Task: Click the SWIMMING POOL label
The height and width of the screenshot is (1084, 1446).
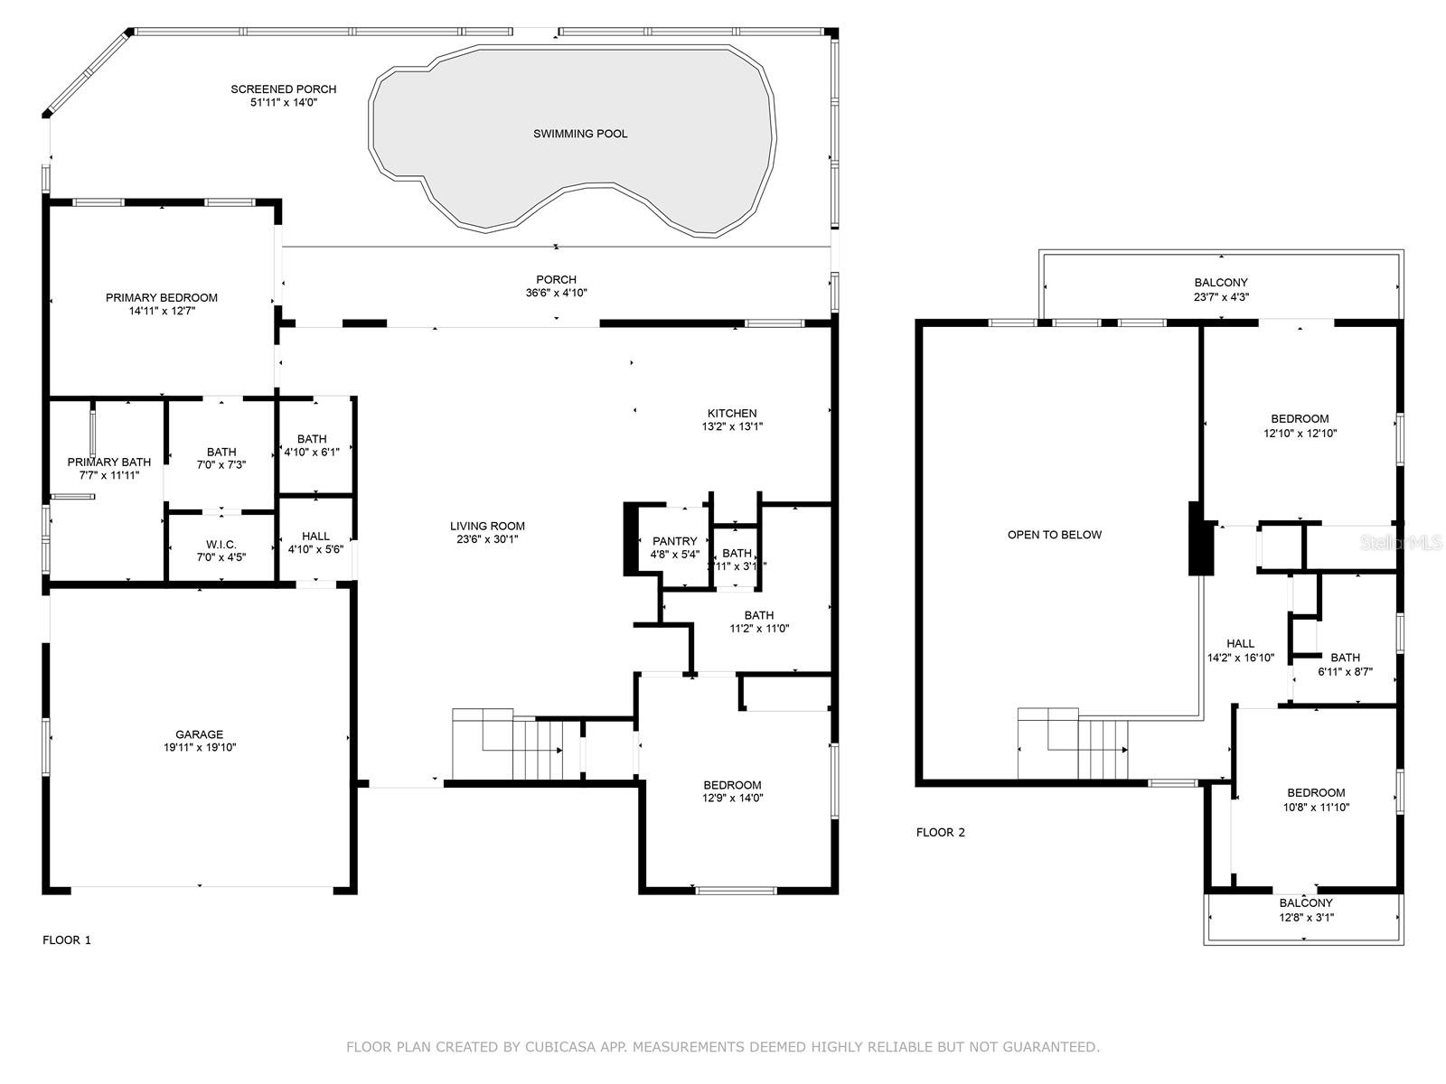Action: coord(580,134)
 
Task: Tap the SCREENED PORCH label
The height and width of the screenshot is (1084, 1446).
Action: coord(283,89)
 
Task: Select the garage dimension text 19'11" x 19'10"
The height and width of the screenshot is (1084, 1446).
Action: coord(200,748)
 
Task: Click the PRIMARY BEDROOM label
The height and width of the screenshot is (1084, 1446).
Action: coord(162,297)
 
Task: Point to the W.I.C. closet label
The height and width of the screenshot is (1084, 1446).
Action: coord(221,544)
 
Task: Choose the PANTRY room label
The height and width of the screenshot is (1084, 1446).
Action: coord(674,541)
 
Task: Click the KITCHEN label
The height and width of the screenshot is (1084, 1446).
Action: coord(732,414)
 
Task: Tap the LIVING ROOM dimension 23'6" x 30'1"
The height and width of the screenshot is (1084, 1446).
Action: coord(487,539)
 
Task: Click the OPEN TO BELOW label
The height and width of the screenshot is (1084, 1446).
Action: coord(1055,535)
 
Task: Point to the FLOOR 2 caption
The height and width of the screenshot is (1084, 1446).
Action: coord(941,833)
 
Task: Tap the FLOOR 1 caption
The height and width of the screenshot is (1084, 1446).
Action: coord(67,940)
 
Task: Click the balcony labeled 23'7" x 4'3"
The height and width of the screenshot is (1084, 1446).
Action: coord(1221,289)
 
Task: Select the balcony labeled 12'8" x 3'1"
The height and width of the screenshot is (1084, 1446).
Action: coord(1306,910)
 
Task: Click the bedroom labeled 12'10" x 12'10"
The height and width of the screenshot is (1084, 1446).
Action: coord(1300,425)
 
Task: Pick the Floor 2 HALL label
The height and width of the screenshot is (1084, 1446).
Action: coord(1240,644)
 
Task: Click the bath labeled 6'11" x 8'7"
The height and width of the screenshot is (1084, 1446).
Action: coord(1345,664)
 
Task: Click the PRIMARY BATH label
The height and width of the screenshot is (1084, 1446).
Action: coord(109,463)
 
